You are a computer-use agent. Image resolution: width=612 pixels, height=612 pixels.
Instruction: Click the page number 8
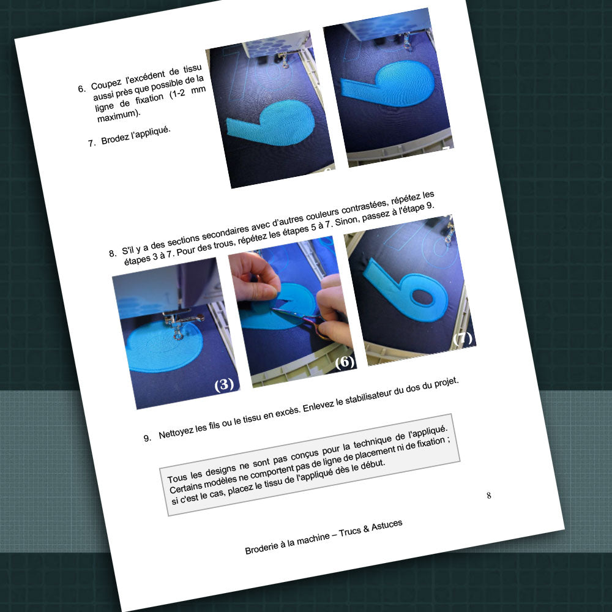pos(488,495)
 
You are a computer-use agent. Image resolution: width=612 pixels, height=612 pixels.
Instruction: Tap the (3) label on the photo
pos(224,384)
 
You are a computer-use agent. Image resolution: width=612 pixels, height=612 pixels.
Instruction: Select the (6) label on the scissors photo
pos(345,362)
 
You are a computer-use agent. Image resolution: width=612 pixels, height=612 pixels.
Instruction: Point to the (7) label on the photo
pos(463,338)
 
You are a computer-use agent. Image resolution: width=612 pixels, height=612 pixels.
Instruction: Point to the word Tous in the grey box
pos(177,477)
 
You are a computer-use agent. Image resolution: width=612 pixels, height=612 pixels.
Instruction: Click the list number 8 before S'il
pos(113,253)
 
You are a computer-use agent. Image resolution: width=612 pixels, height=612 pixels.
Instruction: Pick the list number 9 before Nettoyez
pos(147,438)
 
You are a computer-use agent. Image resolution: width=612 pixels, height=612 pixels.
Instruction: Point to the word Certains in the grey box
pos(186,485)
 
